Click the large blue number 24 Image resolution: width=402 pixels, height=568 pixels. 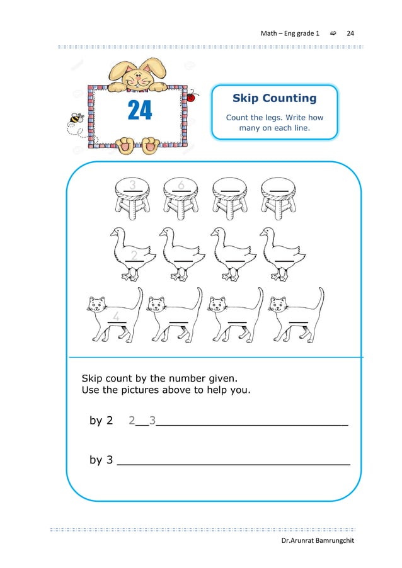pyautogui.click(x=140, y=110)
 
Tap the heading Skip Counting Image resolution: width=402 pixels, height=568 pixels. pyautogui.click(x=274, y=98)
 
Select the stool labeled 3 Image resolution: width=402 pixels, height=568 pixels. pyautogui.click(x=133, y=197)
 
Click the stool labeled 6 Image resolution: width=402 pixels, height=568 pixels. pyautogui.click(x=181, y=197)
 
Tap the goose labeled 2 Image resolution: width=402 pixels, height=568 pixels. pyautogui.click(x=132, y=253)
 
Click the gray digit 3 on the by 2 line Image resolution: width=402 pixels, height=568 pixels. pyautogui.click(x=152, y=420)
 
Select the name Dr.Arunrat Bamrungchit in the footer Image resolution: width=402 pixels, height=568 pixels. pyautogui.click(x=318, y=542)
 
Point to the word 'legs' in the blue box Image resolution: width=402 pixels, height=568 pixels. pyautogui.click(x=275, y=118)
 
